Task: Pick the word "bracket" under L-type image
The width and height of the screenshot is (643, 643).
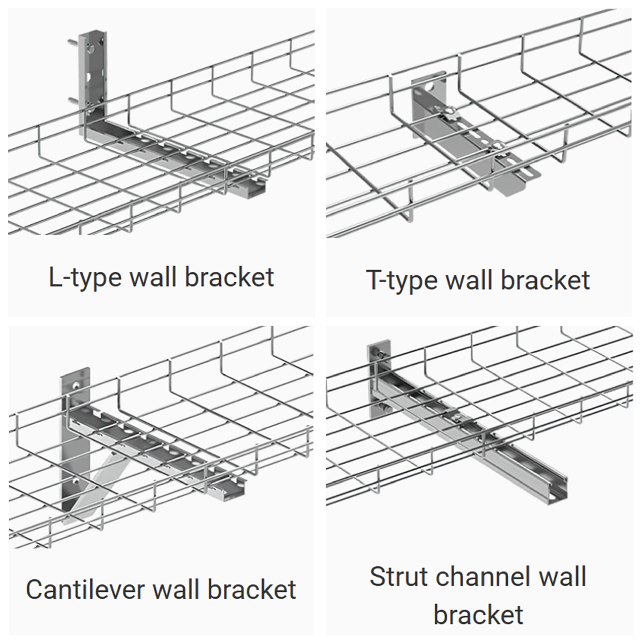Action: click(x=229, y=277)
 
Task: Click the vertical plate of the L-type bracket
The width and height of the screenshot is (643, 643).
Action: click(x=93, y=80)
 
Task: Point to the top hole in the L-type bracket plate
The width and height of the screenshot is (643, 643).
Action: click(x=90, y=49)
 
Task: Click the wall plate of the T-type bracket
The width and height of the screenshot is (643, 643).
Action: click(x=429, y=106)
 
